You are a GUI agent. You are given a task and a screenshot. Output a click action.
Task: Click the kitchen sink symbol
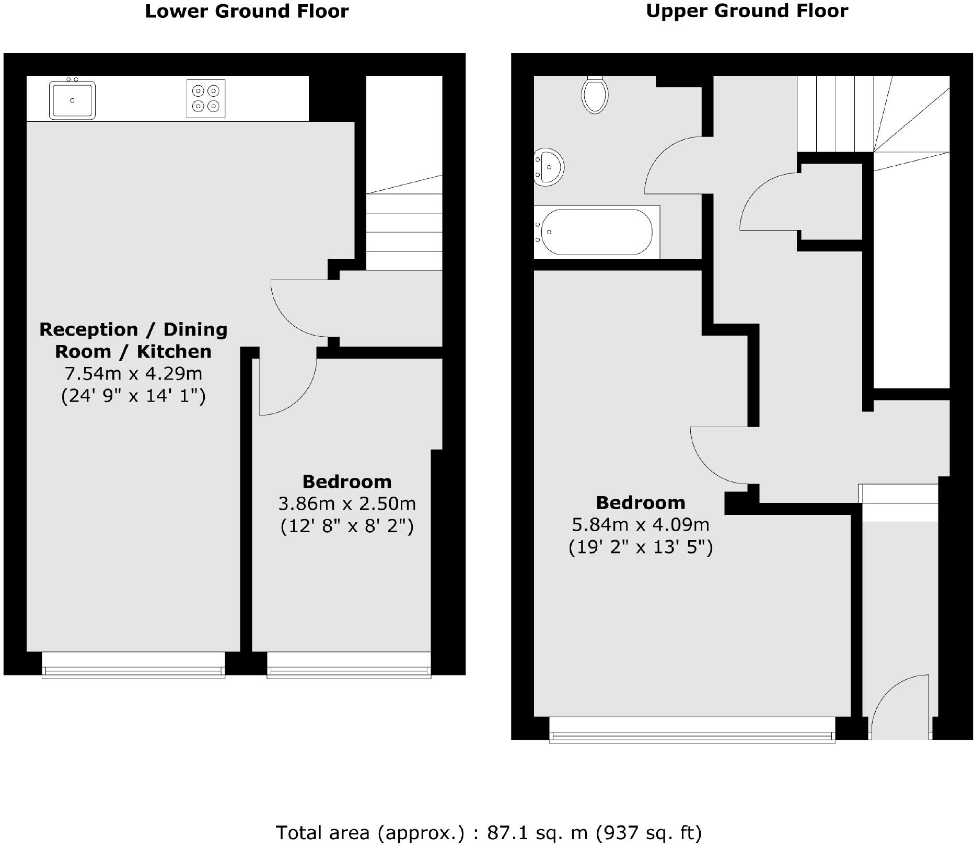[x=72, y=100]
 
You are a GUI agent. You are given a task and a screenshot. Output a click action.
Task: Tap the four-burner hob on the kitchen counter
[x=206, y=98]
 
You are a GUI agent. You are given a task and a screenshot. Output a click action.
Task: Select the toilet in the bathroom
[x=595, y=94]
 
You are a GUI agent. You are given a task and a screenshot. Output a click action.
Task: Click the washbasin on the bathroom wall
[x=548, y=167]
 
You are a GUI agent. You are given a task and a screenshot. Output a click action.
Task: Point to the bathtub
[x=596, y=232]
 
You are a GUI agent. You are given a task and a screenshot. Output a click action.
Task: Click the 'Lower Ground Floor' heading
[x=246, y=12]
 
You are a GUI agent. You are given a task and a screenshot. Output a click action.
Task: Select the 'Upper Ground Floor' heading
[x=747, y=11]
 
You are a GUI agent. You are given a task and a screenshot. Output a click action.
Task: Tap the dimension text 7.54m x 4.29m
[x=133, y=374]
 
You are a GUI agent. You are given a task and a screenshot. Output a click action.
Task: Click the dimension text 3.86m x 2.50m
[x=347, y=503]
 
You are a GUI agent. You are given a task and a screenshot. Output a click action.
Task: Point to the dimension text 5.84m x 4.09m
[x=641, y=524]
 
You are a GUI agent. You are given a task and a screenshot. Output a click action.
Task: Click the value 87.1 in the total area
[x=504, y=832]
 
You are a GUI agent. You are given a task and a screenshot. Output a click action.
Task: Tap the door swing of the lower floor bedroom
[x=287, y=387]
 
